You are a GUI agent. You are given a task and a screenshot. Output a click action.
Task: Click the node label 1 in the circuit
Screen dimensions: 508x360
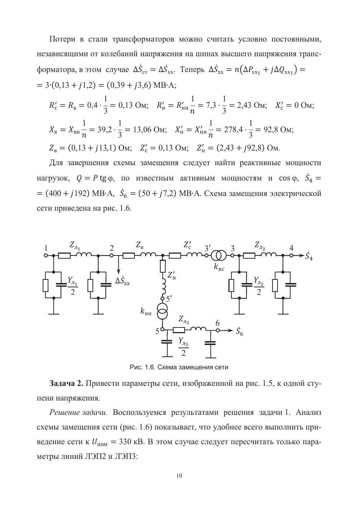click(46, 248)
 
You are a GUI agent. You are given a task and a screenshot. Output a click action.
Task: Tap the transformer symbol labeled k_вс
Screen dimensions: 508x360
click(218, 255)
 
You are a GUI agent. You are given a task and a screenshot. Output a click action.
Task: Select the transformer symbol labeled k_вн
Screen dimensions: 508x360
click(162, 311)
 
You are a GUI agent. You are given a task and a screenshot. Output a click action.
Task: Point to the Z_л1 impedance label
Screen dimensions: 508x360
click(75, 246)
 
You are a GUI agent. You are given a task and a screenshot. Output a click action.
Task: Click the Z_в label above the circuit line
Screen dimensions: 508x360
click(140, 245)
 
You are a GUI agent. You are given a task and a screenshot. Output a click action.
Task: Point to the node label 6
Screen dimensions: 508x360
click(217, 323)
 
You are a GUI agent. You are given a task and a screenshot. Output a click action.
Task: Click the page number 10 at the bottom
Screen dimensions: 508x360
click(180, 476)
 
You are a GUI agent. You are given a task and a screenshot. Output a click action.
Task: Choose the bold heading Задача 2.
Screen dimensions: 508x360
click(66, 383)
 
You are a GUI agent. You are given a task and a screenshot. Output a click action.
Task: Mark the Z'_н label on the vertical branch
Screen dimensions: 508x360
click(172, 275)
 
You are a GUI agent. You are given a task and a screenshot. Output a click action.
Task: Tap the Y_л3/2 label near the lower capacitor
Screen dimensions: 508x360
click(184, 347)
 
